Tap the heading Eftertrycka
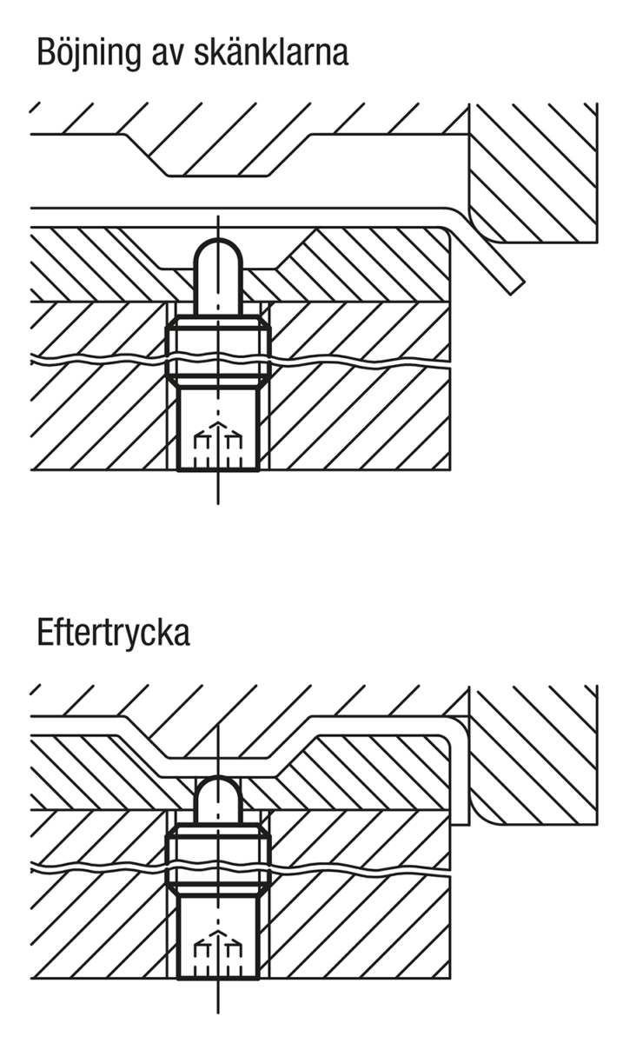coord(113,632)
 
